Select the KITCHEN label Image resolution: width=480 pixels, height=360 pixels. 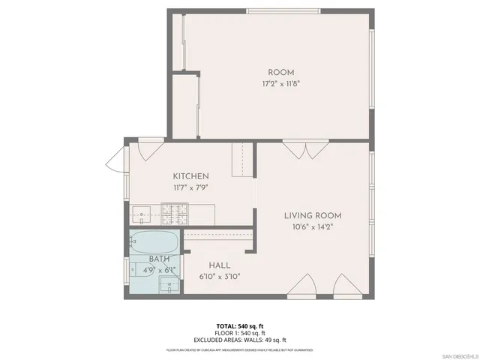pos(190,176)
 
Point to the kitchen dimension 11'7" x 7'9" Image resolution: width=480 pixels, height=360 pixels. pos(190,187)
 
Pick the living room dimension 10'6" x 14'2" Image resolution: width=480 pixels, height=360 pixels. pos(313,227)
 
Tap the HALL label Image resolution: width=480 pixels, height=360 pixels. pos(219,265)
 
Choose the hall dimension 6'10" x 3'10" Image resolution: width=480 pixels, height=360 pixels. pos(219,276)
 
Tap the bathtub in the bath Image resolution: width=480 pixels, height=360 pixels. pos(153,242)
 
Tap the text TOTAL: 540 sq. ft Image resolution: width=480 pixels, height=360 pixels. pos(240,326)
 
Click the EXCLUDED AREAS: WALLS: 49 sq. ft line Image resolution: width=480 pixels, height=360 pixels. pos(240,340)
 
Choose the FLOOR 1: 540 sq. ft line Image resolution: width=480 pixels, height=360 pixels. pos(240,333)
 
